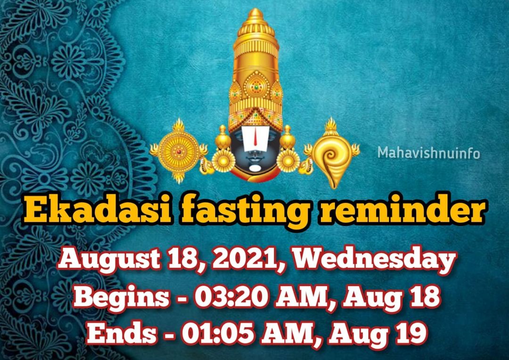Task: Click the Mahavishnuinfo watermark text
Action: coord(428,153)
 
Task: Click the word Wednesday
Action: coord(375,260)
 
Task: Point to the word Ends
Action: coord(122,334)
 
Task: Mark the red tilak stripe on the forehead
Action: coord(255,136)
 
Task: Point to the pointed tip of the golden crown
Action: coord(255,10)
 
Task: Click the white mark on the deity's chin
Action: coord(255,169)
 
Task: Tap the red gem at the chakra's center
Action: coord(178,152)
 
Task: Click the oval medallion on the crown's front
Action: coord(256,86)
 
